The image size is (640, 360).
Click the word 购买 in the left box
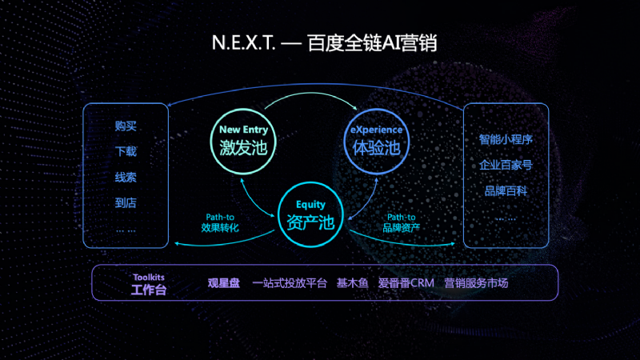[126, 126]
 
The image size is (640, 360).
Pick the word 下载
[126, 152]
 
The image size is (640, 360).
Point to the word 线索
[126, 177]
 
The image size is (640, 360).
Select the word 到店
[126, 202]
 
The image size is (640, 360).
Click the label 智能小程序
[506, 139]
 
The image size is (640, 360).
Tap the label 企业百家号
[506, 165]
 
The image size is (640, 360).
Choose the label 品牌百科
[506, 190]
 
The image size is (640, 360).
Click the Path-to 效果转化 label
[220, 222]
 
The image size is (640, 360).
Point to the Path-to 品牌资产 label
[401, 222]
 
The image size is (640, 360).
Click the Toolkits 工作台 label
[149, 284]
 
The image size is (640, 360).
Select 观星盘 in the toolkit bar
[224, 283]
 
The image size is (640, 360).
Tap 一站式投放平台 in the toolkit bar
[290, 283]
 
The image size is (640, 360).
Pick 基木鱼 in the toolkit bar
[352, 283]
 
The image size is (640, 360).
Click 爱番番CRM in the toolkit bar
[406, 283]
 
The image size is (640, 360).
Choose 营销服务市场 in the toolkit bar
[476, 283]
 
